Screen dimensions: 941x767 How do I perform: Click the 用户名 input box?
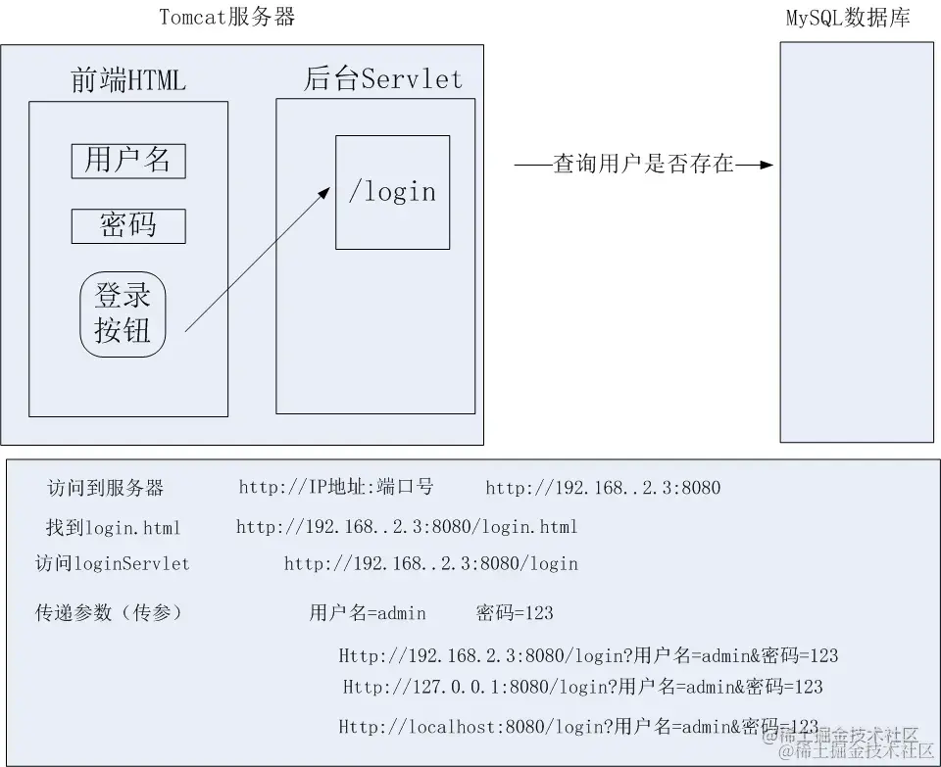click(x=128, y=161)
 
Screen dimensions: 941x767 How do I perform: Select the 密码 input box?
click(x=128, y=225)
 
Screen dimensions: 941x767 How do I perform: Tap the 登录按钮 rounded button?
click(x=123, y=313)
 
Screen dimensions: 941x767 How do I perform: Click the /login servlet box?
click(x=392, y=192)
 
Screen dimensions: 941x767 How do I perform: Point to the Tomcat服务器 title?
click(x=226, y=17)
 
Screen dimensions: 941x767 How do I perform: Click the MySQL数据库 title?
click(x=848, y=18)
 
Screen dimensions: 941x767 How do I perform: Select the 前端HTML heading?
click(x=127, y=80)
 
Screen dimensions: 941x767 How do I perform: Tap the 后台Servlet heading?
click(x=382, y=79)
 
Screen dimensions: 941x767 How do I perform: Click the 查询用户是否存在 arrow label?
click(x=643, y=165)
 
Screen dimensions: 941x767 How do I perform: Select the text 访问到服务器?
click(x=106, y=488)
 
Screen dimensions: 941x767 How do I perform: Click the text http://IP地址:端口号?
click(x=335, y=487)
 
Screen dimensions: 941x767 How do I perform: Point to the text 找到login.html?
click(x=113, y=528)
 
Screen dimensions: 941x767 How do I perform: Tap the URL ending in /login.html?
click(x=407, y=527)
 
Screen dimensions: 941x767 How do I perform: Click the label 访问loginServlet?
click(x=112, y=564)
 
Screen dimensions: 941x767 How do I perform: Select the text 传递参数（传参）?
click(x=109, y=613)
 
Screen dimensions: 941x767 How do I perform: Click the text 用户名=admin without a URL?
click(x=368, y=613)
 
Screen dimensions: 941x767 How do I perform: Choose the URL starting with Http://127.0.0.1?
click(x=582, y=687)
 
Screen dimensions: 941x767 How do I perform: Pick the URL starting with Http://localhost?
click(x=578, y=727)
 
